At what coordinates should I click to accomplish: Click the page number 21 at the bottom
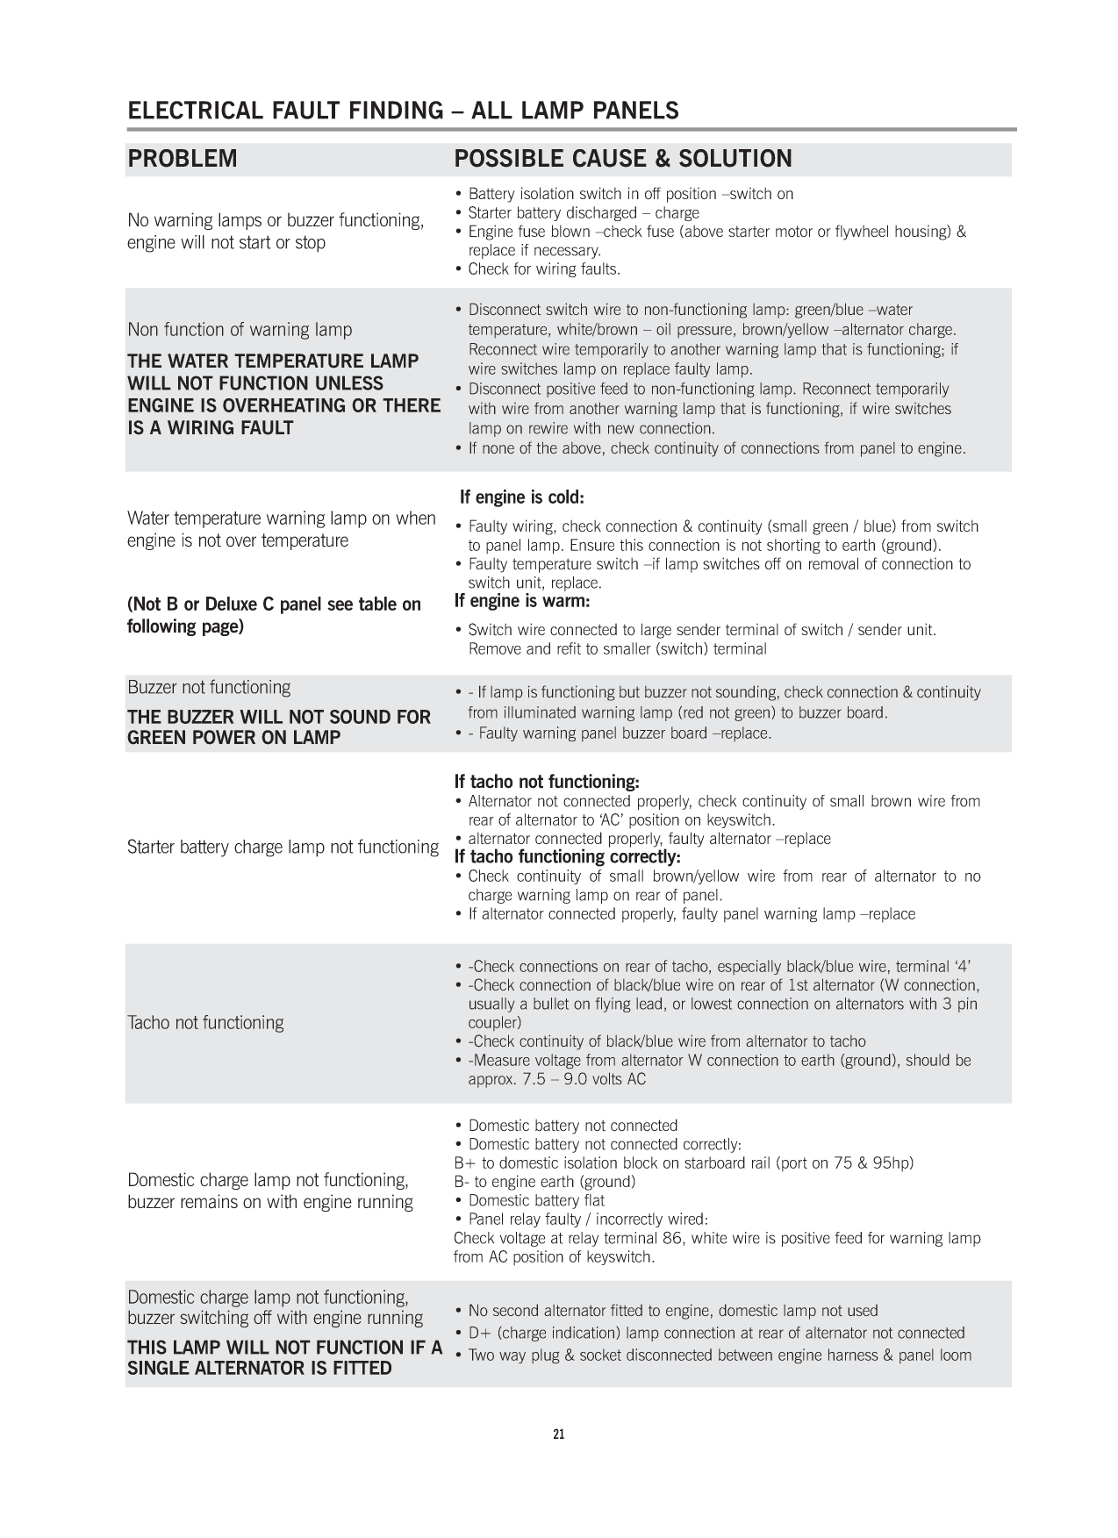pyautogui.click(x=559, y=1434)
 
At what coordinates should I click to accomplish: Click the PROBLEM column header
pyautogui.click(x=183, y=159)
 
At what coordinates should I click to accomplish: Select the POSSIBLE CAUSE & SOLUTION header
pyautogui.click(x=623, y=159)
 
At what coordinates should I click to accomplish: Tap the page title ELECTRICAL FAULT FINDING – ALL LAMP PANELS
pyautogui.click(x=403, y=111)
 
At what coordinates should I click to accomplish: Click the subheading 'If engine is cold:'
pyautogui.click(x=522, y=497)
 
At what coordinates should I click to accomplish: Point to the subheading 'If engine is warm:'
pyautogui.click(x=522, y=601)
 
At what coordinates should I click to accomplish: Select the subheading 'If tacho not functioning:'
pyautogui.click(x=547, y=781)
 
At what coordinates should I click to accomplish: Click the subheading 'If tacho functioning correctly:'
pyautogui.click(x=567, y=856)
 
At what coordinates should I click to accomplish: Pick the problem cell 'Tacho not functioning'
pyautogui.click(x=205, y=1022)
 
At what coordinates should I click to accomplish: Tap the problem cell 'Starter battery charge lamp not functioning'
pyautogui.click(x=283, y=847)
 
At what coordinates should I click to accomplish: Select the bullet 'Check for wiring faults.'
pyautogui.click(x=544, y=269)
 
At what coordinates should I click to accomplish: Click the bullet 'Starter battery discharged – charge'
pyautogui.click(x=584, y=213)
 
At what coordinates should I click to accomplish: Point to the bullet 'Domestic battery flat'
pyautogui.click(x=536, y=1200)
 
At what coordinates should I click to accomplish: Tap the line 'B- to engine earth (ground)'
pyautogui.click(x=545, y=1181)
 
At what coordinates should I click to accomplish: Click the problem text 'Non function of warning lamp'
pyautogui.click(x=240, y=330)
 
